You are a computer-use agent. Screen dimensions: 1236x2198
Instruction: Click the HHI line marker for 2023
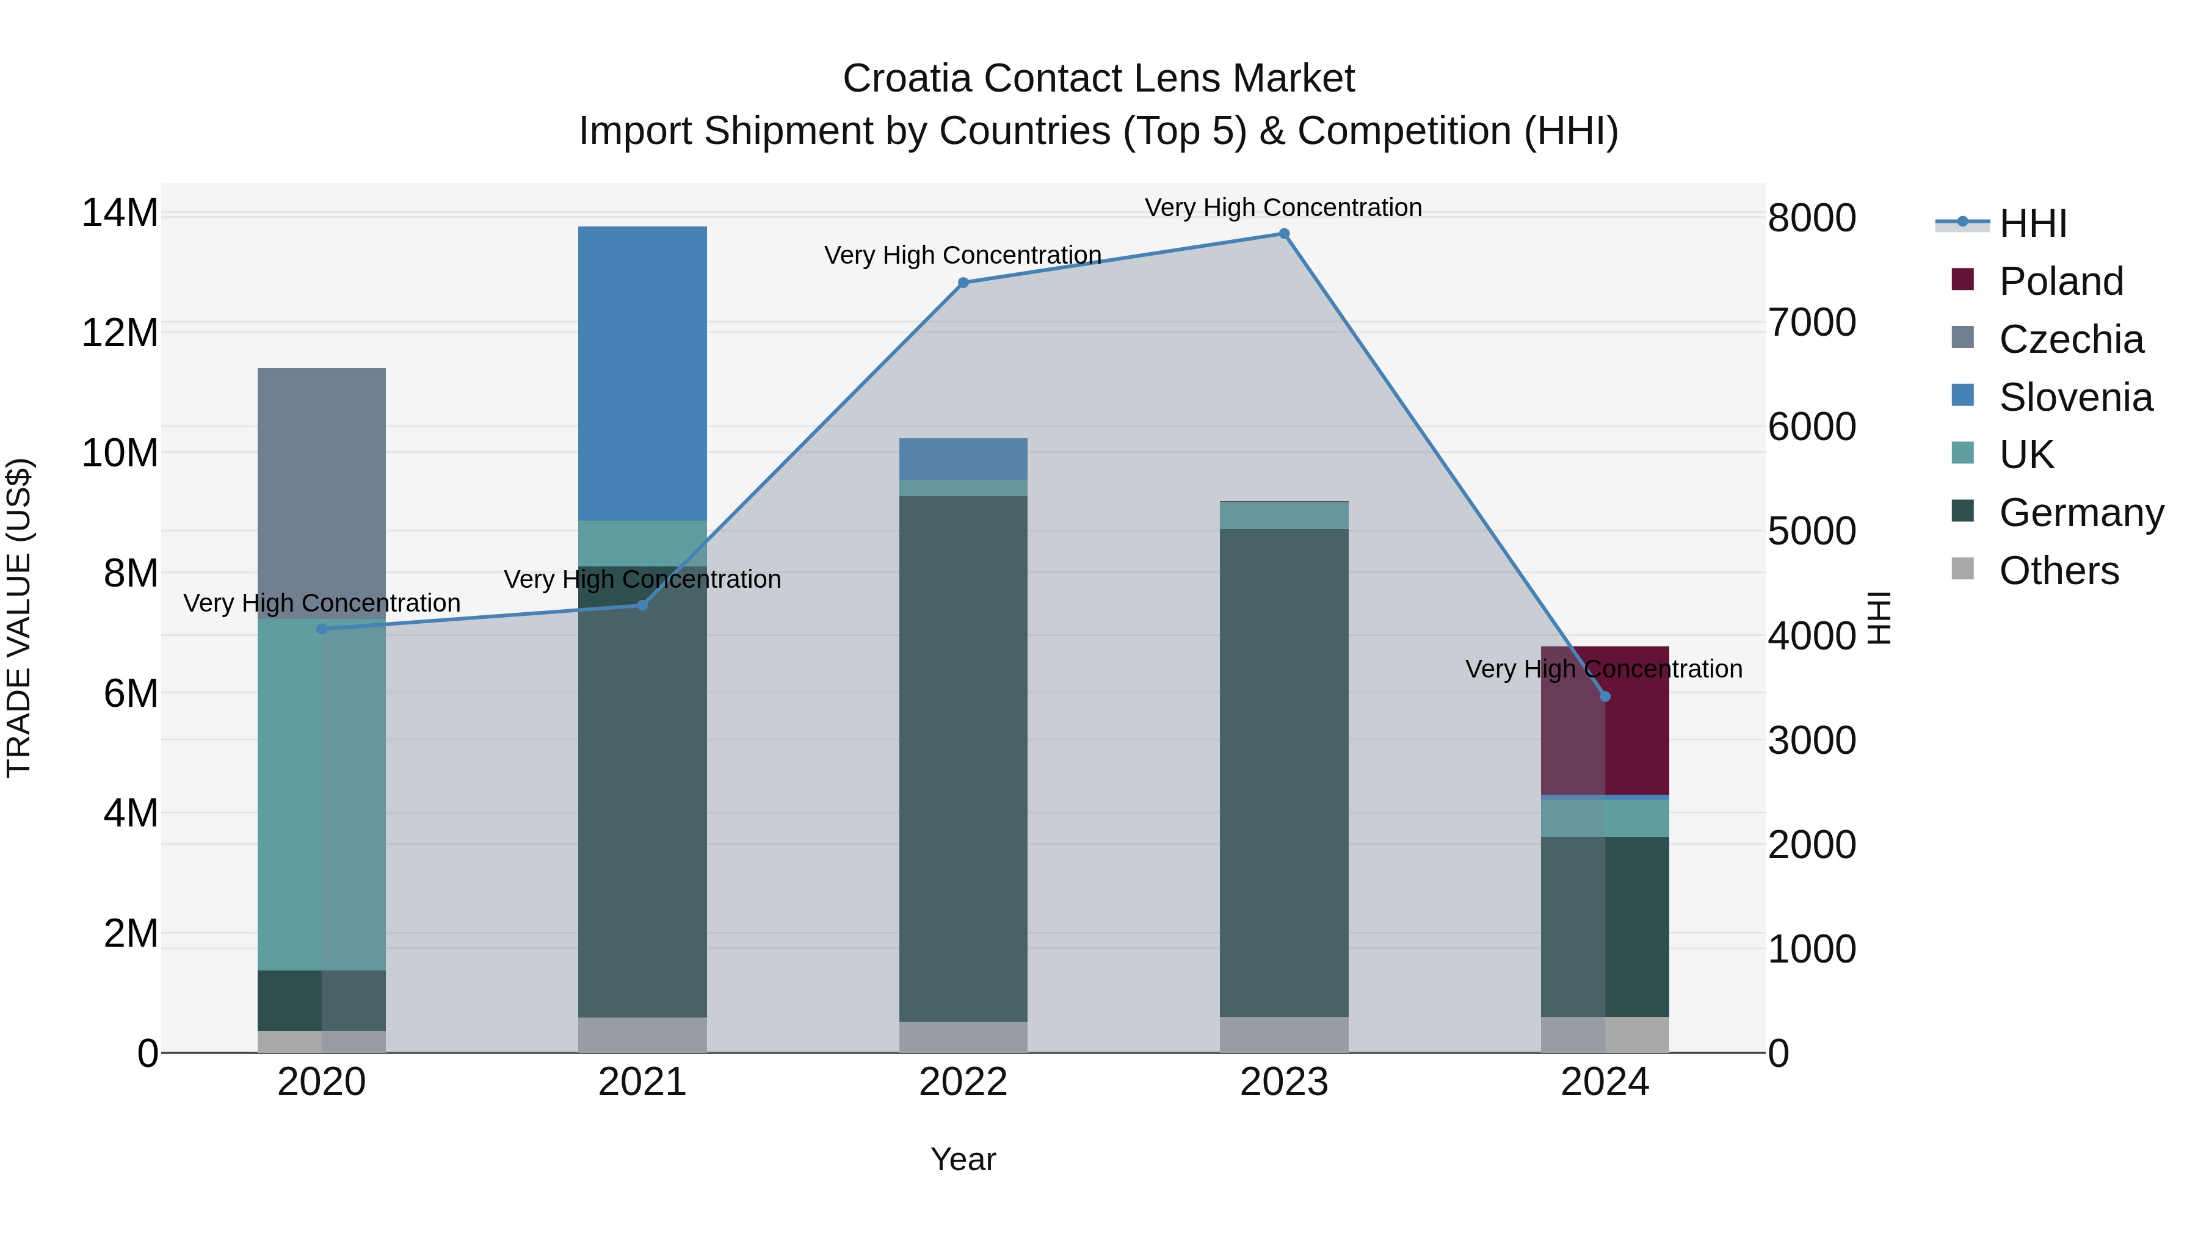point(1283,234)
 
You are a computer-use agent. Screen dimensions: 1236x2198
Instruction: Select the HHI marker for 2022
point(963,283)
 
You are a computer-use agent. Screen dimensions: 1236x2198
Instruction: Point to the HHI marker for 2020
point(322,629)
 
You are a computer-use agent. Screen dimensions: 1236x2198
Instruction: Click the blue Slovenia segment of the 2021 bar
point(642,373)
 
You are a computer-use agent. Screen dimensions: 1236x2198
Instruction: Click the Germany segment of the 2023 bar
point(1283,772)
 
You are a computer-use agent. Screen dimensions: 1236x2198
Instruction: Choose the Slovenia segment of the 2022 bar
point(963,459)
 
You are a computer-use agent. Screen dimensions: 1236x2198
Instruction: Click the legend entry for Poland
point(2060,281)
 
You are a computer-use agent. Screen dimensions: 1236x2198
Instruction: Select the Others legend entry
point(2058,571)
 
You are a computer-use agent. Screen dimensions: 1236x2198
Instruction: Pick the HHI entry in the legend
point(2033,223)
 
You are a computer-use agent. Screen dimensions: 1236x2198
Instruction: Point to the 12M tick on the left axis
point(120,333)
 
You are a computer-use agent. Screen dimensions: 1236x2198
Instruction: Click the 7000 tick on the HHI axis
point(1811,322)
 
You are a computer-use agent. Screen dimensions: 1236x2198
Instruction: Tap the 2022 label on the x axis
point(963,1082)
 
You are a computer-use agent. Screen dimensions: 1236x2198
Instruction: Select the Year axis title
point(963,1159)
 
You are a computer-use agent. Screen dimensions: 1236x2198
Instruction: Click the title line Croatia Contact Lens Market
point(1098,79)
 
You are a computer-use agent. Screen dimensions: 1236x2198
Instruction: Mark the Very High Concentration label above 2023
point(1283,208)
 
